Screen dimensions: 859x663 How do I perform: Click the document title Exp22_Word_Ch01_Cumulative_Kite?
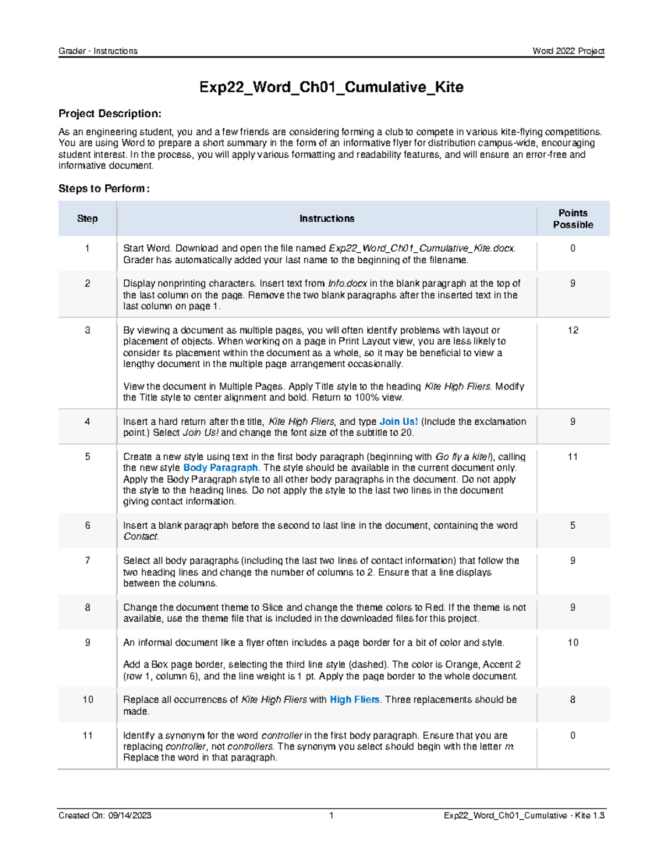pos(331,87)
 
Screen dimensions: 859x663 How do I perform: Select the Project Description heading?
pos(110,114)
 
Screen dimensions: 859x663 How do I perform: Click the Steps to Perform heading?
pos(104,189)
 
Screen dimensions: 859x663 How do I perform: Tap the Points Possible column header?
pos(573,219)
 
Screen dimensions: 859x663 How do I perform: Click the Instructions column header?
pos(327,219)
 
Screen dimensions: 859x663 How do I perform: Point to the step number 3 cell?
pos(87,330)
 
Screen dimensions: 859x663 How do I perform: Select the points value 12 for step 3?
pos(573,330)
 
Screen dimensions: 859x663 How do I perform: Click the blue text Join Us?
pos(398,421)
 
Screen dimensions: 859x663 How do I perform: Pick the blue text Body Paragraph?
pos(220,468)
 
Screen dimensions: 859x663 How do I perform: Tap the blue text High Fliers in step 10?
pos(354,700)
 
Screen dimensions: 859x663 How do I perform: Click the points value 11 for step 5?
pos(573,457)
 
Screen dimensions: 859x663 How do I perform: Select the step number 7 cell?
pos(87,561)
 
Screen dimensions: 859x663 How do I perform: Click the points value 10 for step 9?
pos(573,643)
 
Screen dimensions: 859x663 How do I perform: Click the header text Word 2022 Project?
pos(568,51)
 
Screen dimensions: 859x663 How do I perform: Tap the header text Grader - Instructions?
pos(98,51)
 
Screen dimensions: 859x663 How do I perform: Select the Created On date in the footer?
pos(105,815)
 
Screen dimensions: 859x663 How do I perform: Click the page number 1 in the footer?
pos(331,815)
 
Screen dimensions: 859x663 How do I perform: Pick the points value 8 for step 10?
pos(573,700)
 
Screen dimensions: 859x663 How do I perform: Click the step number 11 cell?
pos(87,736)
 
